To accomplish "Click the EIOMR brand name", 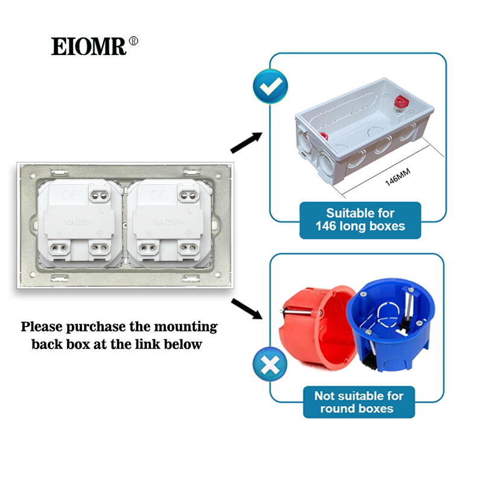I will point(89,46).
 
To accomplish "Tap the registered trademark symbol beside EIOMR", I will point(134,40).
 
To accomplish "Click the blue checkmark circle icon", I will point(269,88).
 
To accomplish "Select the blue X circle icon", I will point(269,365).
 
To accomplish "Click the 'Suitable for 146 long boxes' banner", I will point(360,220).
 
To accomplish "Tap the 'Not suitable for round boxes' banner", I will point(359,402).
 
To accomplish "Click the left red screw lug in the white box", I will point(324,136).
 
